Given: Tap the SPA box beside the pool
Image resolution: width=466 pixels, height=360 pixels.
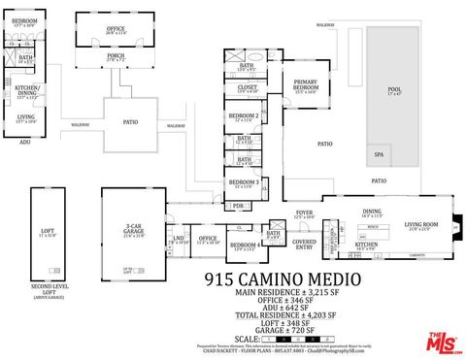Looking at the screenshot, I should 378,154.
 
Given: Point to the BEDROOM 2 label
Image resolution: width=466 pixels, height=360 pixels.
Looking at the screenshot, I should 243,116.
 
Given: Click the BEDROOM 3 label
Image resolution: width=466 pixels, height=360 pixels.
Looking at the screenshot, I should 243,182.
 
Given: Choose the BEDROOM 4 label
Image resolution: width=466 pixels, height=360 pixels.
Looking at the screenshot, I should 243,245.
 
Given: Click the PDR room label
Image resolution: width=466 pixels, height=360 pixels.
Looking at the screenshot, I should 237,207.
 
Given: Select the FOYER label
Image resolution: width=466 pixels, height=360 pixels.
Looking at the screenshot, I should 304,213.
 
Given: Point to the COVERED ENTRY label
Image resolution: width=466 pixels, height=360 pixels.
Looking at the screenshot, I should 304,244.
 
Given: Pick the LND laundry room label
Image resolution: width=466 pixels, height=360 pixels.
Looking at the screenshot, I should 178,238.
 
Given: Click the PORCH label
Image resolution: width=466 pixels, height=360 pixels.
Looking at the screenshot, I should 116,56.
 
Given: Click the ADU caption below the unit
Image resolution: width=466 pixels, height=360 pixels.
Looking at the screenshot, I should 25,142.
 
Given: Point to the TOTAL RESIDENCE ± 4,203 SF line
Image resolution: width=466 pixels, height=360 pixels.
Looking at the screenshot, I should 284,315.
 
